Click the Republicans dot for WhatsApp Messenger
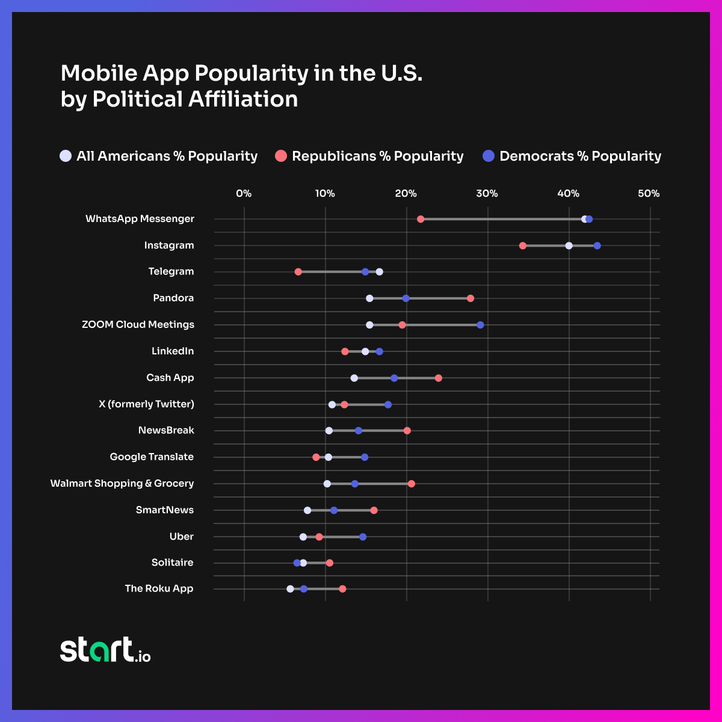pyautogui.click(x=421, y=219)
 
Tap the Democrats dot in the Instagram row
pyautogui.click(x=597, y=245)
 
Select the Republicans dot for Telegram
pyautogui.click(x=298, y=272)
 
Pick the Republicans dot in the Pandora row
pyautogui.click(x=471, y=298)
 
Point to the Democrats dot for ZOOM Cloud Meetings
pyautogui.click(x=480, y=325)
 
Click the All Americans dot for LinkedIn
pyautogui.click(x=365, y=351)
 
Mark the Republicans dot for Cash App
pyautogui.click(x=439, y=378)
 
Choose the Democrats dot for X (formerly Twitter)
pyautogui.click(x=388, y=404)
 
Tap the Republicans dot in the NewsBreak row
pyautogui.click(x=407, y=430)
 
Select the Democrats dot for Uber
pyautogui.click(x=363, y=537)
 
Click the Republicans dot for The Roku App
pyautogui.click(x=342, y=588)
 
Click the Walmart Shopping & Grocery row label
pyautogui.click(x=122, y=483)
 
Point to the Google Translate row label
pyautogui.click(x=152, y=457)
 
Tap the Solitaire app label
pyautogui.click(x=173, y=563)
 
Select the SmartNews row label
pyautogui.click(x=165, y=510)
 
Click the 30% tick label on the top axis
pyautogui.click(x=487, y=194)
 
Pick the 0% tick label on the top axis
pyautogui.click(x=244, y=194)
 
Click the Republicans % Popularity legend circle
pyautogui.click(x=281, y=156)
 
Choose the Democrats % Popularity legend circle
pyautogui.click(x=489, y=156)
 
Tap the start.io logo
pyautogui.click(x=105, y=650)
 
